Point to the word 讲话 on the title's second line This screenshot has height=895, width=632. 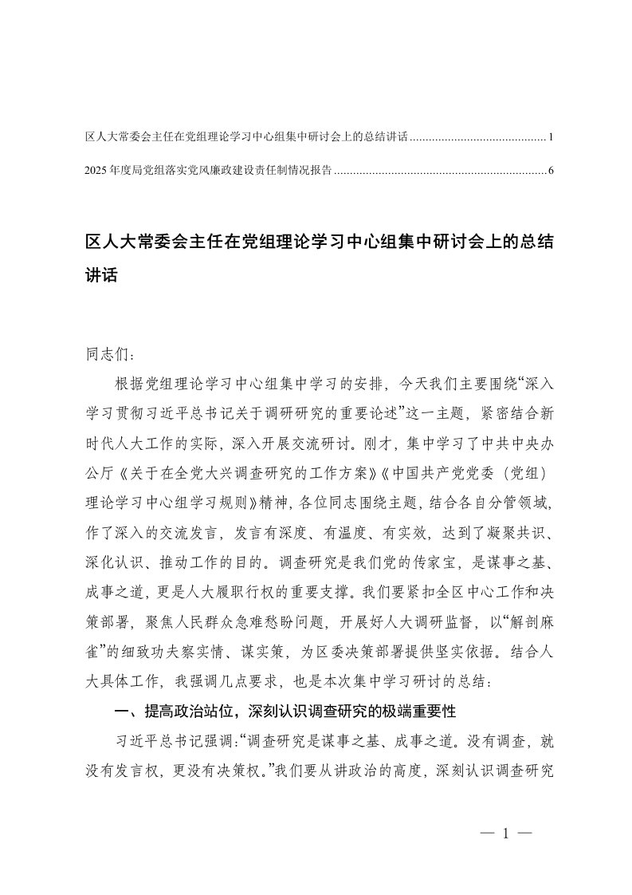[x=101, y=276]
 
